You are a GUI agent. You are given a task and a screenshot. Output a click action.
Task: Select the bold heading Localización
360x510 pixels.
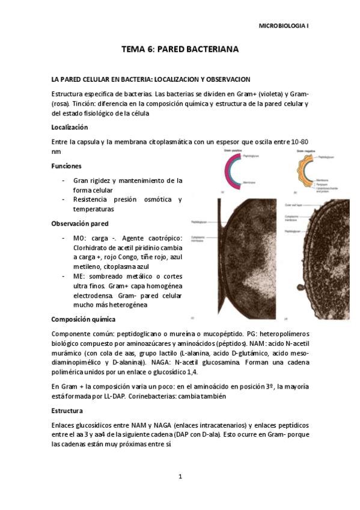70,127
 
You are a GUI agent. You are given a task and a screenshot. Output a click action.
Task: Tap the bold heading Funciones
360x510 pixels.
67,165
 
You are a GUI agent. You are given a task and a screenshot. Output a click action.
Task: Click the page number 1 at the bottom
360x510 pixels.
180,477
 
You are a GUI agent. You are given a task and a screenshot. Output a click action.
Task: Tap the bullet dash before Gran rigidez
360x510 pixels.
64,180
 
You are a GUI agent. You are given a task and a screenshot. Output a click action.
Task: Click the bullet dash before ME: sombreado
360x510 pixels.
64,276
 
